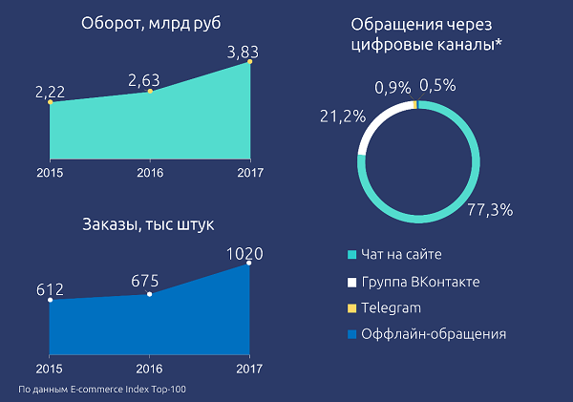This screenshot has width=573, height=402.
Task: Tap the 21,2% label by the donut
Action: tap(336, 116)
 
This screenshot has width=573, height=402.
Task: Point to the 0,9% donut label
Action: tap(392, 87)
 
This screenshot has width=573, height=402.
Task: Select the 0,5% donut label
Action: tap(436, 84)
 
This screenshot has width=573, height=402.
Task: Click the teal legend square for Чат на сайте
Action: tap(352, 255)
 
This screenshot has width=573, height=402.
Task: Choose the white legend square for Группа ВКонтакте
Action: tap(352, 282)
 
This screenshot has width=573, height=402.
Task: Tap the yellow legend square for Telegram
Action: tap(352, 307)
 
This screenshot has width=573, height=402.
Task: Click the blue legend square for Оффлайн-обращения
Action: tap(352, 334)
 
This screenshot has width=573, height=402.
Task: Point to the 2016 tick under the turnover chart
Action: tap(149, 173)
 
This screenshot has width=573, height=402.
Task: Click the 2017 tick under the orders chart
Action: tap(249, 369)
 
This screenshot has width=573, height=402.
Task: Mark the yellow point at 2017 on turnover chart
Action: tap(250, 63)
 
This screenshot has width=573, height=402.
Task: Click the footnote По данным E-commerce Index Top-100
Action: tap(110, 391)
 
